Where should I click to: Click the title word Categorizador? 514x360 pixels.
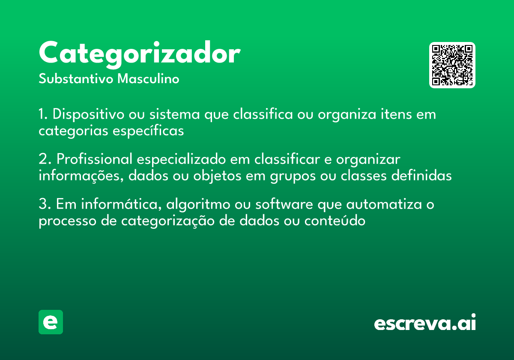click(140, 54)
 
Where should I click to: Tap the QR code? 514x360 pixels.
click(452, 65)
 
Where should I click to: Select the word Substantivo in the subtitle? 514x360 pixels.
click(76, 79)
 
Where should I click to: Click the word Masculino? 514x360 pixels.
click(148, 79)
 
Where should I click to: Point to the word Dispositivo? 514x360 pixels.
click(88, 114)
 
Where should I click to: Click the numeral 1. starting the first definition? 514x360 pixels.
click(43, 114)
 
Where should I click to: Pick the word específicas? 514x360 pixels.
click(148, 131)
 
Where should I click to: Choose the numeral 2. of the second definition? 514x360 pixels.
click(45, 159)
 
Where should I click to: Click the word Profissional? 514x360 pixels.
click(95, 159)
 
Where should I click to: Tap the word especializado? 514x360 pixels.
click(181, 159)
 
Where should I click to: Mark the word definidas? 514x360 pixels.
click(421, 175)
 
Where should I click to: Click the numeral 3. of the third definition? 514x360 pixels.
click(45, 204)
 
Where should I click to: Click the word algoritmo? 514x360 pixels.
click(198, 204)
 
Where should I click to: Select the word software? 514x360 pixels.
click(284, 204)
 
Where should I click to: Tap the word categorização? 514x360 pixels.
click(168, 221)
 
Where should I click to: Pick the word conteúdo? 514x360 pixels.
click(335, 220)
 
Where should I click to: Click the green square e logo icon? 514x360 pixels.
click(51, 322)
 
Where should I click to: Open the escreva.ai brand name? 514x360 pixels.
click(425, 322)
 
